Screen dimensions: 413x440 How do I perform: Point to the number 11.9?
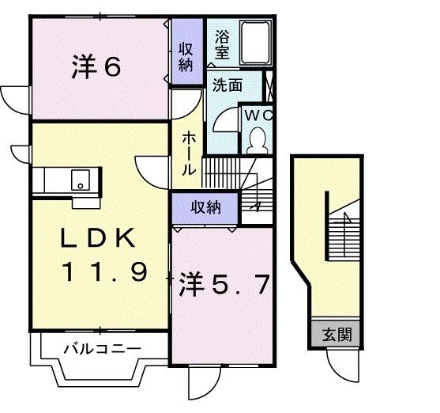tap(104, 273)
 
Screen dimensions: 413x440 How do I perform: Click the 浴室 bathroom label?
tap(221, 45)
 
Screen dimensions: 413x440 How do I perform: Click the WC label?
tap(257, 115)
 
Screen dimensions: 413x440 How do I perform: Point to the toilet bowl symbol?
tap(257, 141)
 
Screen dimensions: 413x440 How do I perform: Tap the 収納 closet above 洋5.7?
tap(205, 207)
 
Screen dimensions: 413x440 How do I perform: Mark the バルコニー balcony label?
tap(101, 347)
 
